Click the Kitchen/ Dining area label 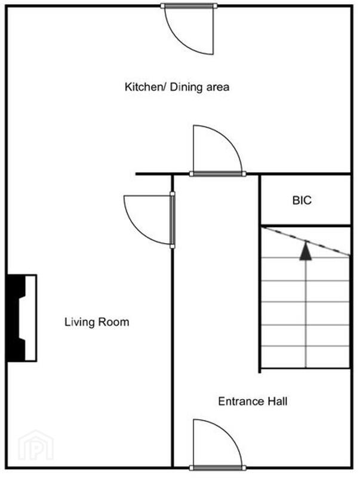[x=177, y=87]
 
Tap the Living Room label [x=97, y=322]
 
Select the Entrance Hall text [x=253, y=401]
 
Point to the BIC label [x=302, y=200]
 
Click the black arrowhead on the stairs [x=306, y=251]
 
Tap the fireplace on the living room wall [x=22, y=318]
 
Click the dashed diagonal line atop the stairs [x=306, y=241]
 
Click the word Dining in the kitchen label [x=186, y=87]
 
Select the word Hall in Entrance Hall [x=277, y=401]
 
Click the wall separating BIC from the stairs [x=306, y=226]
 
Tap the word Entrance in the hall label [x=241, y=401]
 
